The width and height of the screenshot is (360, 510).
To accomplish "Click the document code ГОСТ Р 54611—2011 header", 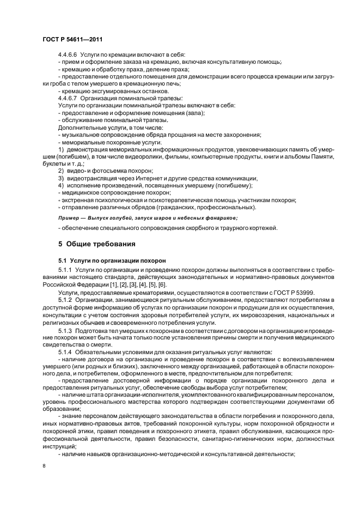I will (x=72, y=39).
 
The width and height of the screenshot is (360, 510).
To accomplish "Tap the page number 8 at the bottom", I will (x=45, y=466).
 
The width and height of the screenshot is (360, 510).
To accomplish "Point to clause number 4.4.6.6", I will (x=68, y=55).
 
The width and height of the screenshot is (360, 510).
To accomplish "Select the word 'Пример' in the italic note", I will (x=69, y=217).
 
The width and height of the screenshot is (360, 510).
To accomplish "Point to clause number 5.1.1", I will (x=65, y=270).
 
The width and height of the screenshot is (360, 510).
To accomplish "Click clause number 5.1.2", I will (x=65, y=300).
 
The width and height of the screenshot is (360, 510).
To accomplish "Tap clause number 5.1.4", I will (x=65, y=353).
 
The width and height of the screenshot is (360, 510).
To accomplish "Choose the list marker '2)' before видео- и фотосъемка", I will (x=61, y=171).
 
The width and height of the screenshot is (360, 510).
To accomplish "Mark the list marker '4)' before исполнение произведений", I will (x=61, y=185).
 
